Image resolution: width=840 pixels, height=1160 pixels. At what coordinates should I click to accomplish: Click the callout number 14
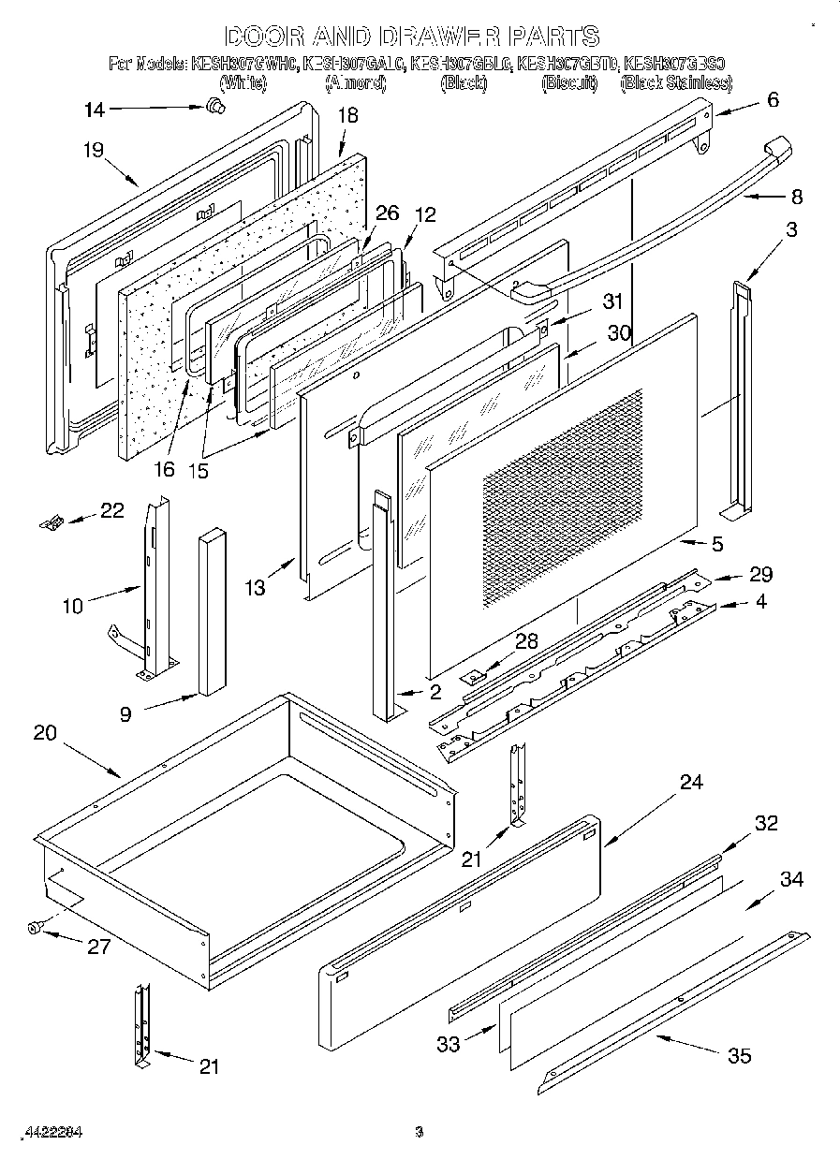coord(94,110)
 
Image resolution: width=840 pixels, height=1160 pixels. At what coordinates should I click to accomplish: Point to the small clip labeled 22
coord(52,520)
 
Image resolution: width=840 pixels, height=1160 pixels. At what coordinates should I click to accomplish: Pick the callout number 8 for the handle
coord(796,198)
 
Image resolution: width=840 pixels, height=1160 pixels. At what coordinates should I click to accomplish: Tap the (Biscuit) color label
coord(568,83)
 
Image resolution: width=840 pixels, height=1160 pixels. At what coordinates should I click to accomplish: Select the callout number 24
coord(690,783)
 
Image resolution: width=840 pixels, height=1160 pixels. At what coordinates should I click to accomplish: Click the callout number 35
coord(739,1056)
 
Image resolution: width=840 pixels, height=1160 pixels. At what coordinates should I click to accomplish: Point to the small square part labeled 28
coord(476,673)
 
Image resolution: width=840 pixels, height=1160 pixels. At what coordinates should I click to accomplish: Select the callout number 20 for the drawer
coord(45,733)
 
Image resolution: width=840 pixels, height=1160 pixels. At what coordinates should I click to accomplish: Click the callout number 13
coord(256,587)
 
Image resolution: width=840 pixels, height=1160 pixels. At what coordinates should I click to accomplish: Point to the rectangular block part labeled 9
coord(212,613)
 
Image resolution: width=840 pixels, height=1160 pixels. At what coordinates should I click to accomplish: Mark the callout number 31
coord(612,301)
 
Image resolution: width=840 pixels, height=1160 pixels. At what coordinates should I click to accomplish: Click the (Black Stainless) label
coord(675,83)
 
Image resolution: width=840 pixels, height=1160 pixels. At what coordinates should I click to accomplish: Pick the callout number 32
coord(766,823)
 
